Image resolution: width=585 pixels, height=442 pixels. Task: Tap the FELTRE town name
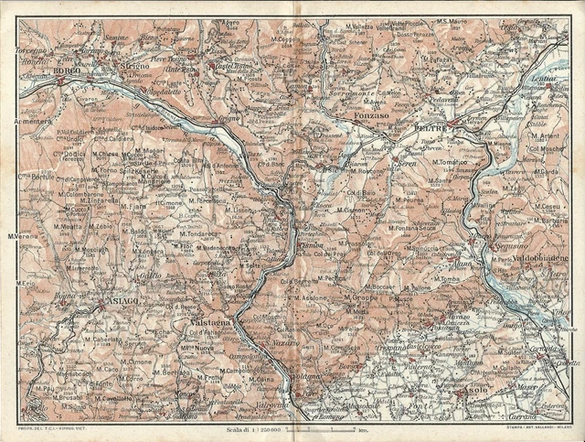point(432,131)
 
